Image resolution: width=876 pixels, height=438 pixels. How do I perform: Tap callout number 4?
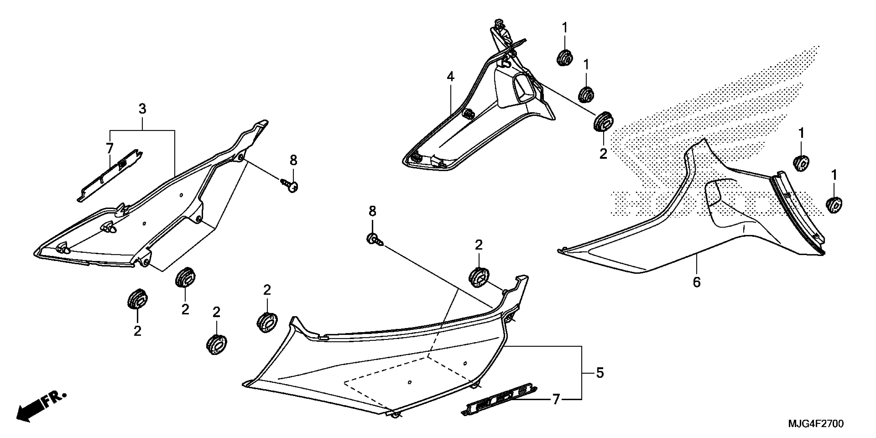coord(450,77)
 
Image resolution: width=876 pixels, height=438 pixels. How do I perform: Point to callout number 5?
coord(600,373)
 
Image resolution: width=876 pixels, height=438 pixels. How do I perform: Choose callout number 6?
coord(697,282)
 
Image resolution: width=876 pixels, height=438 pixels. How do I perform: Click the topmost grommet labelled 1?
coord(565,57)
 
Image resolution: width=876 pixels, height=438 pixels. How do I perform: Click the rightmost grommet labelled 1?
coord(834,205)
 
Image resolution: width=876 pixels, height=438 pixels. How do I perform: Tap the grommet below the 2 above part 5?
coord(479,277)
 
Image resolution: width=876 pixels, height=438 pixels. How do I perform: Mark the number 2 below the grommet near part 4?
coord(603,154)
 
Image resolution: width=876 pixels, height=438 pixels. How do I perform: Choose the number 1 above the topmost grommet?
coord(565,28)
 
